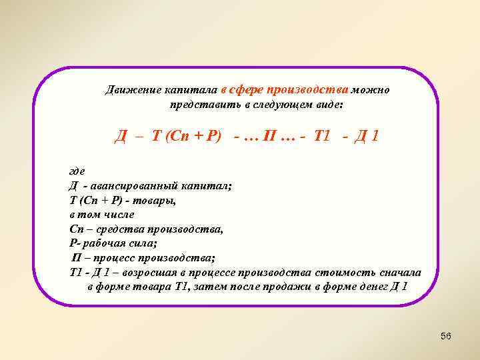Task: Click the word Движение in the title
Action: coord(129,91)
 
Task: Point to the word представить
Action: coord(201,105)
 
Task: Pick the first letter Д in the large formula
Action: coord(121,137)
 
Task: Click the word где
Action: coord(77,172)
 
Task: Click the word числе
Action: coord(120,215)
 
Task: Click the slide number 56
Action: coord(446,336)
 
